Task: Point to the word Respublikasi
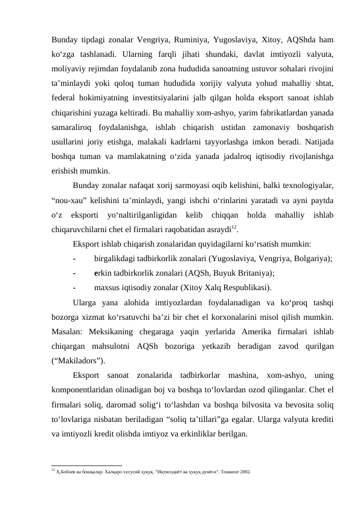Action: coord(242,287)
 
